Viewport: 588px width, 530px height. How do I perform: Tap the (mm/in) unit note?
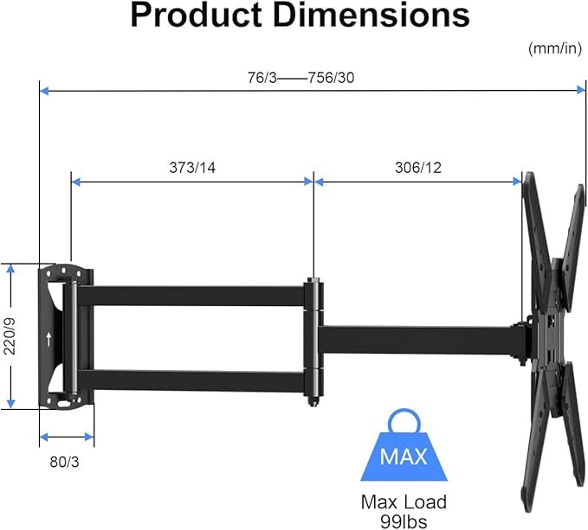[x=554, y=48]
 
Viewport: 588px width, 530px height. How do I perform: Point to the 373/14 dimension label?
[x=192, y=168]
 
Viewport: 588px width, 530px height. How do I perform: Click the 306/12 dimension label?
[x=418, y=168]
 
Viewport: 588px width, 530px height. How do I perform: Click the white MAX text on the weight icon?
[x=404, y=456]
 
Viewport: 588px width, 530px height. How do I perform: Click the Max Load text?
[x=404, y=501]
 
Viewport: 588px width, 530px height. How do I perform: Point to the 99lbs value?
[x=404, y=520]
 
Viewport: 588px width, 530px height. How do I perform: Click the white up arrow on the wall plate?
[x=48, y=338]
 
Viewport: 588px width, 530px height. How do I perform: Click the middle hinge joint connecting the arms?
[x=313, y=335]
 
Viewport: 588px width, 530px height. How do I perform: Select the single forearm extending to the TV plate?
[x=416, y=339]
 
